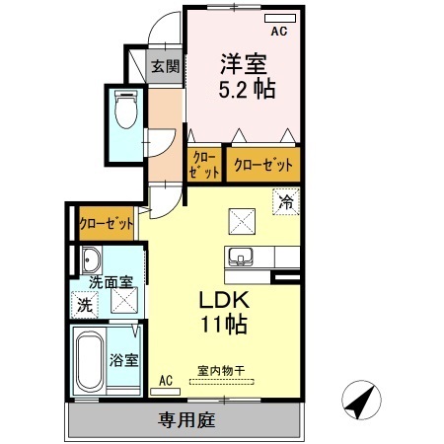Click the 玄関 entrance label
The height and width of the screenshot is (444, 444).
click(x=166, y=67)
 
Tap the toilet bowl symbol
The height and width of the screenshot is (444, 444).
click(x=125, y=111)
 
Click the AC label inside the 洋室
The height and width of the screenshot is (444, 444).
click(x=278, y=32)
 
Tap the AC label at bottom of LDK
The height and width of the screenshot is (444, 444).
click(x=166, y=379)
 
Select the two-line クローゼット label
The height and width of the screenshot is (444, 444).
click(x=205, y=164)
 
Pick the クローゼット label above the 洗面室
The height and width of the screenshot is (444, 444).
click(x=106, y=224)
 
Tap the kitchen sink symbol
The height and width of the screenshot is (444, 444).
click(x=240, y=258)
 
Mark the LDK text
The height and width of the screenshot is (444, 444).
click(x=226, y=300)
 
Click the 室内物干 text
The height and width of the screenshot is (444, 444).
click(x=219, y=371)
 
